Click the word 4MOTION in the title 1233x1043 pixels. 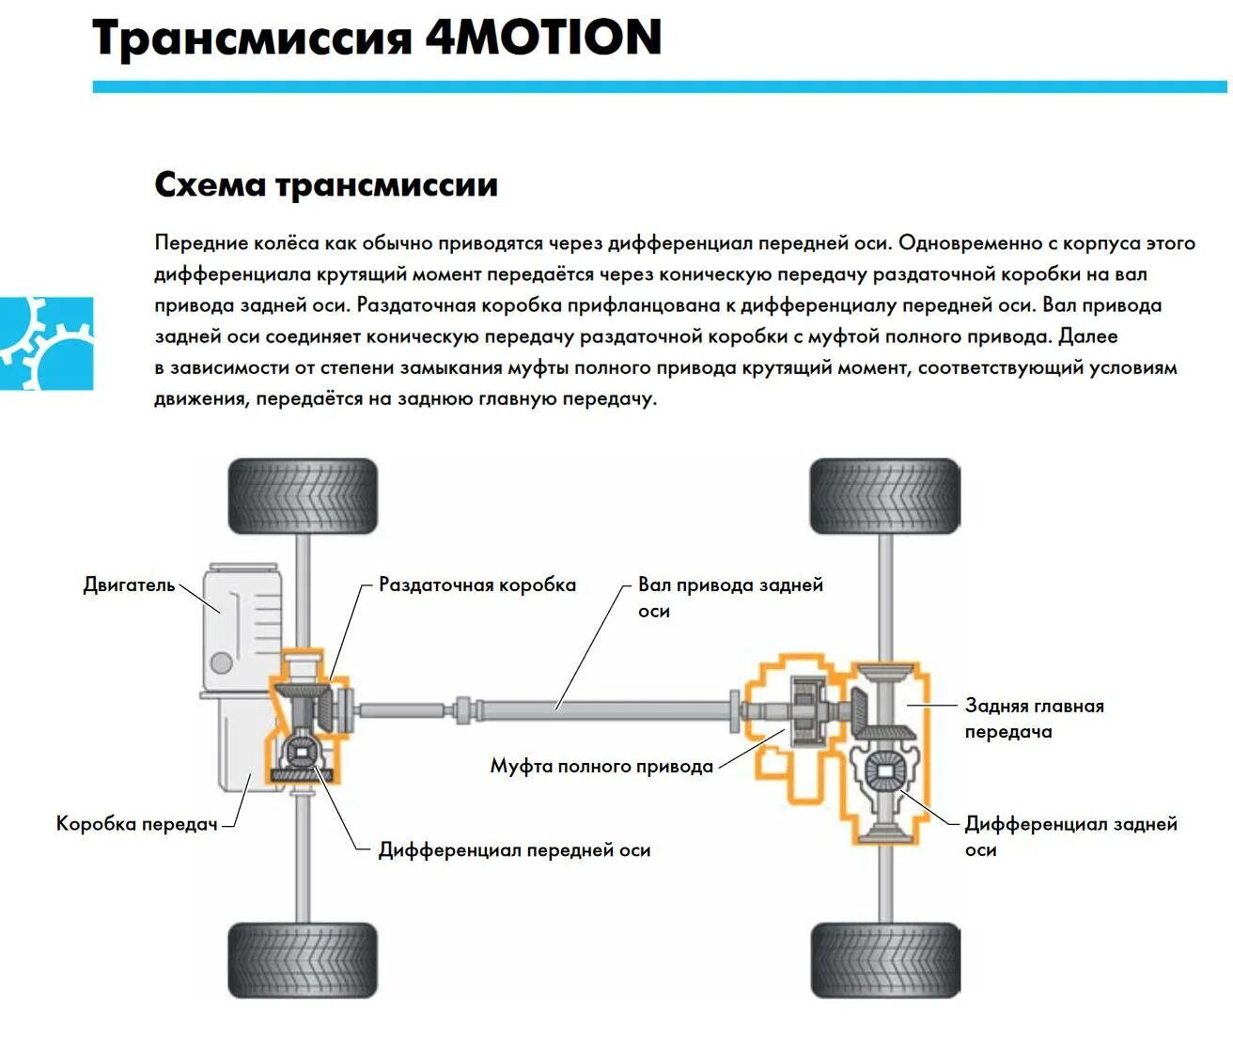click(x=543, y=38)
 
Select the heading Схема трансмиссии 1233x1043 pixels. click(x=325, y=184)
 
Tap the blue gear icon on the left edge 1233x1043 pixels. click(x=46, y=343)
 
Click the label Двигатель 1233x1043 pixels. click(x=130, y=584)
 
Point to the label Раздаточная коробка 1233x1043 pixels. click(x=476, y=584)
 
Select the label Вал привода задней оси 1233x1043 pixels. click(x=729, y=597)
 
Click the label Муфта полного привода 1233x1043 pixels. click(x=601, y=766)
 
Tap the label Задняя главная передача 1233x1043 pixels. click(x=1034, y=718)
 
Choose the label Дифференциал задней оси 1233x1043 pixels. click(x=1069, y=836)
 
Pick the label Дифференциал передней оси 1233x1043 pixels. click(x=514, y=849)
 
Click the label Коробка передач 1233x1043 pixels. click(x=137, y=824)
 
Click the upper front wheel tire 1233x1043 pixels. click(x=303, y=496)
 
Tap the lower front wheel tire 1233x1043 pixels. click(x=303, y=959)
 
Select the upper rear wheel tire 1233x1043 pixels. click(x=884, y=496)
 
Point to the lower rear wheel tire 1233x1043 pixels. click(x=884, y=959)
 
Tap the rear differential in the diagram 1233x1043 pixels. click(x=883, y=772)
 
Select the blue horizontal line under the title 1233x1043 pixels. click(x=658, y=86)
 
